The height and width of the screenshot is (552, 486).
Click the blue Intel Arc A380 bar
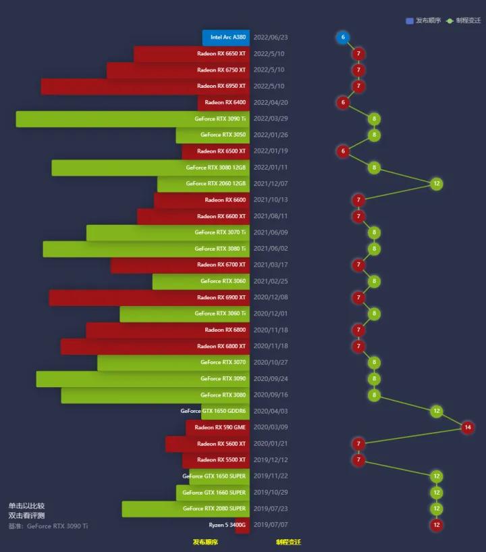pyautogui.click(x=225, y=38)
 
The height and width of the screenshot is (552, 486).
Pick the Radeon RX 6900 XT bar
pyautogui.click(x=149, y=298)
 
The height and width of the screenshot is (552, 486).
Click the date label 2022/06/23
pyautogui.click(x=270, y=38)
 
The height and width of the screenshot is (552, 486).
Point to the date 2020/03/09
pyautogui.click(x=270, y=428)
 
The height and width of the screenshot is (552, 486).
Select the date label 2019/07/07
pyautogui.click(x=270, y=525)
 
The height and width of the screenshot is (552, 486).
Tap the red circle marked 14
pyautogui.click(x=468, y=428)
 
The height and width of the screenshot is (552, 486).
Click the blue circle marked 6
pyautogui.click(x=343, y=38)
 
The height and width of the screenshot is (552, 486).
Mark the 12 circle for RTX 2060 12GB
pyautogui.click(x=437, y=184)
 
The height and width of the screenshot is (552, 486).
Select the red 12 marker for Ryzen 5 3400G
pyautogui.click(x=437, y=525)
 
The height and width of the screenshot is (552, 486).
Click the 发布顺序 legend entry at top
pyautogui.click(x=423, y=21)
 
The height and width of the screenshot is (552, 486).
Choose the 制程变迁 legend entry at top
pyautogui.click(x=464, y=21)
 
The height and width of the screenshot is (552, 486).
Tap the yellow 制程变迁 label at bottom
pyautogui.click(x=288, y=542)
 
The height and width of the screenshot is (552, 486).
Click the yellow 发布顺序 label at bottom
pyautogui.click(x=205, y=542)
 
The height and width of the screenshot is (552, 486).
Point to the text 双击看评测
pyautogui.click(x=27, y=516)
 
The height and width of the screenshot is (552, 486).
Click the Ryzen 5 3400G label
pyautogui.click(x=227, y=525)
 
